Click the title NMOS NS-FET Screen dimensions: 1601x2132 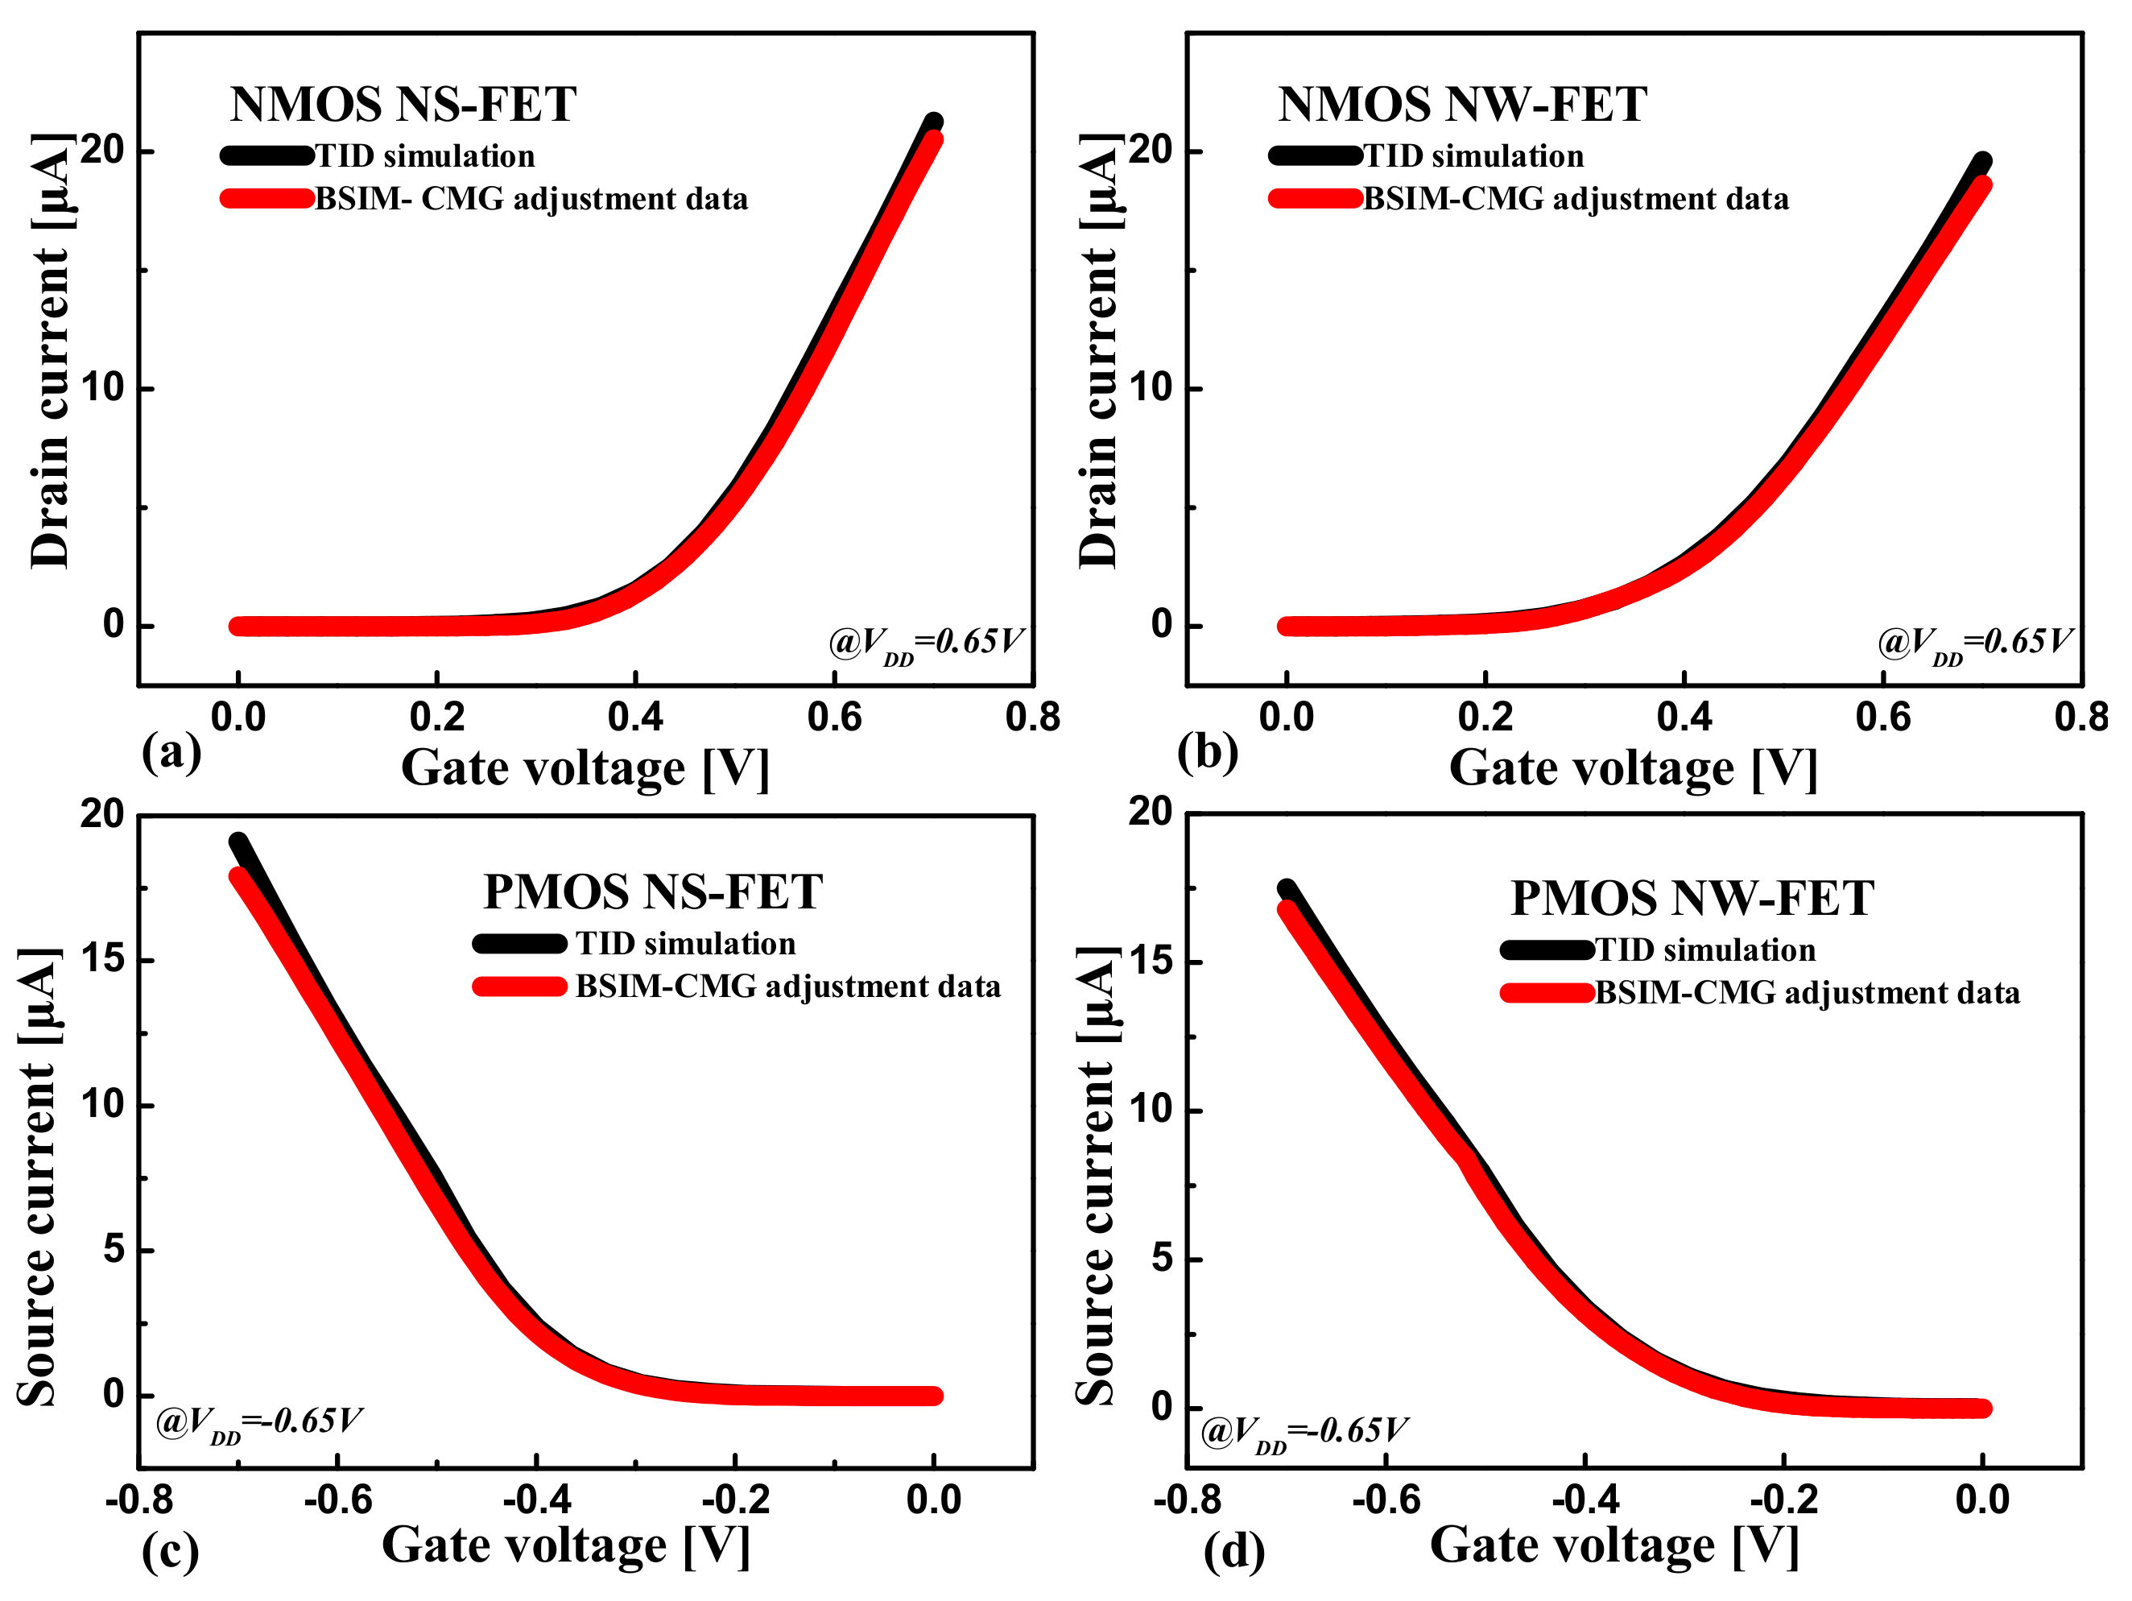tap(403, 104)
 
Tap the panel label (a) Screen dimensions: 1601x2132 tap(171, 752)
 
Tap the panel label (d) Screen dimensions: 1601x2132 tap(1233, 1551)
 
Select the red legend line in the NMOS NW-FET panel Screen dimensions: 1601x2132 tap(1315, 199)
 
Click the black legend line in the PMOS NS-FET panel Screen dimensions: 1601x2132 tap(519, 944)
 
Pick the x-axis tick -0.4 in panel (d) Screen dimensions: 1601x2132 tap(1585, 1500)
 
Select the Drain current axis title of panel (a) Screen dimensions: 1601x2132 tap(50, 352)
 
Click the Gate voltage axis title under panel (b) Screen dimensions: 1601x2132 tap(1633, 769)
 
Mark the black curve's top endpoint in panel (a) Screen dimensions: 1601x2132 tap(933, 122)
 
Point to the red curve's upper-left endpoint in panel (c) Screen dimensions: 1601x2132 tap(239, 876)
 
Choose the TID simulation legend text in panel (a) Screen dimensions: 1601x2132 tap(425, 156)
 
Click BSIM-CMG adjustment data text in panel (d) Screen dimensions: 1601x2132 tap(1808, 993)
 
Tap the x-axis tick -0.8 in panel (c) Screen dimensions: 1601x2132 tap(140, 1500)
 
